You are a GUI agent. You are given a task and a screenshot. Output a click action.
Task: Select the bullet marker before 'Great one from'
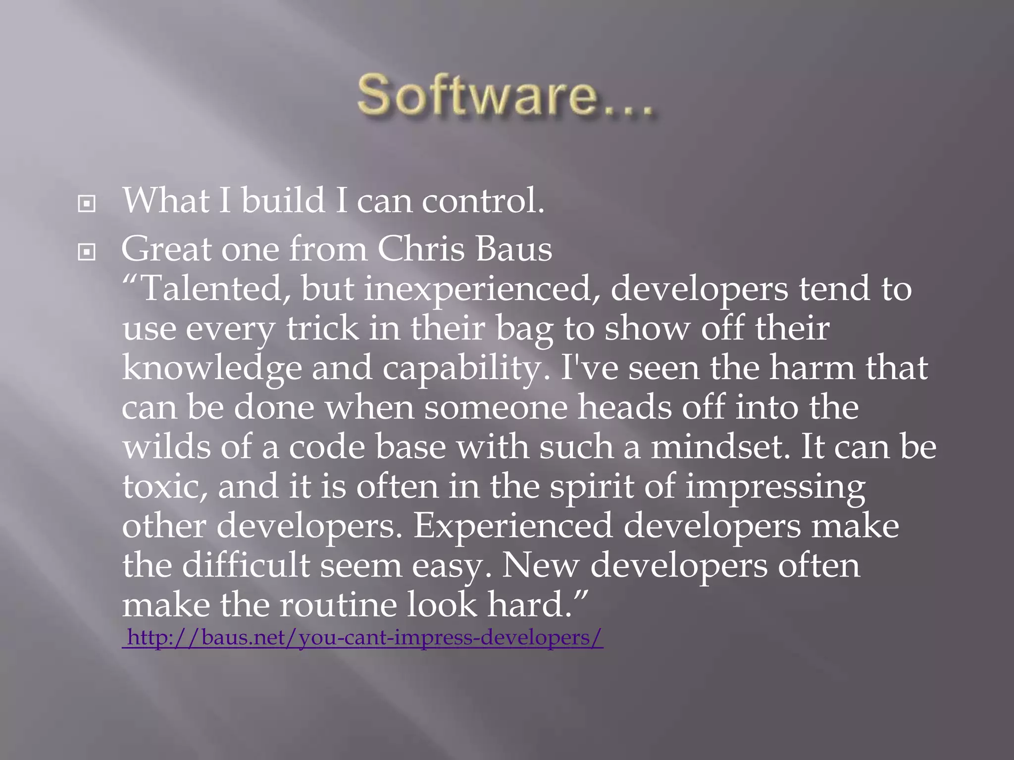[87, 252]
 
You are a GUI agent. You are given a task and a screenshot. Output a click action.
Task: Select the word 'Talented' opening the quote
[211, 288]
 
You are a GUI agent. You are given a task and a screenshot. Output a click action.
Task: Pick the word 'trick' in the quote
[322, 328]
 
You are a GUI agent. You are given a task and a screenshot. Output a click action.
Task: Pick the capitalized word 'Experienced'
[513, 526]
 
